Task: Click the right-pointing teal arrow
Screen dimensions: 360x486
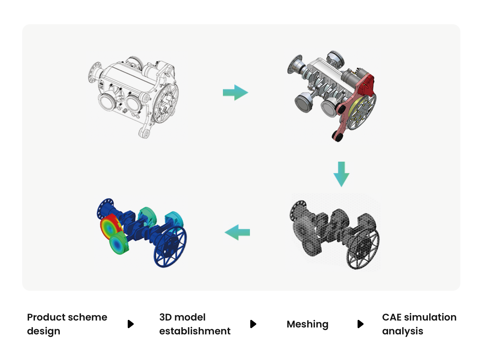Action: (x=235, y=92)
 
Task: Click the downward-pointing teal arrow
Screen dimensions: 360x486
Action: (x=341, y=174)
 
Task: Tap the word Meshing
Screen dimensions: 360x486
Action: (x=307, y=324)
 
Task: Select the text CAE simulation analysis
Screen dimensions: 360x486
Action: (x=419, y=324)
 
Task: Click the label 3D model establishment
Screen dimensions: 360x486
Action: (x=195, y=324)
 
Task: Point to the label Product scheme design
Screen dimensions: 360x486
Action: (x=67, y=324)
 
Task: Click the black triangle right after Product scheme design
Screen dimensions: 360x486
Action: (x=130, y=324)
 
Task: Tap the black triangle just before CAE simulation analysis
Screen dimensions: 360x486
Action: (x=360, y=324)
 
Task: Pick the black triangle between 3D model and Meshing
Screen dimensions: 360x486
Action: (x=253, y=324)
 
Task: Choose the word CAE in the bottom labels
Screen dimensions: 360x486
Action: (x=391, y=317)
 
